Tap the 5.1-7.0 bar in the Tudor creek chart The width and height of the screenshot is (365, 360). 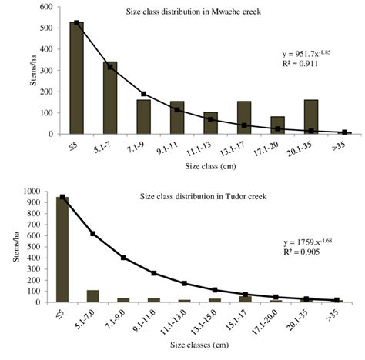click(x=92, y=296)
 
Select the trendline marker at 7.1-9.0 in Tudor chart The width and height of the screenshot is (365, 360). click(x=124, y=258)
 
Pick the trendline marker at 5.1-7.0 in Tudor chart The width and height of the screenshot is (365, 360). click(x=92, y=233)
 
